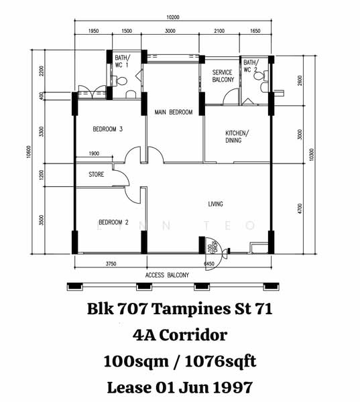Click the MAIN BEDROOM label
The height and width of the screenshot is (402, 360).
point(174,112)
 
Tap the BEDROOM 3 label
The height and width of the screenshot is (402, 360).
point(107,129)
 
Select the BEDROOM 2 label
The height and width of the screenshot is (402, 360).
point(113,222)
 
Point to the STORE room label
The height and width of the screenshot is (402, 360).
point(97,175)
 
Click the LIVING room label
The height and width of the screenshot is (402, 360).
point(215,204)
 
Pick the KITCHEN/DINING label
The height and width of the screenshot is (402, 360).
point(237,136)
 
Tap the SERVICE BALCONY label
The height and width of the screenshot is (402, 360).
point(223,76)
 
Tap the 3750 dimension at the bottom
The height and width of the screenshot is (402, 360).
point(111,264)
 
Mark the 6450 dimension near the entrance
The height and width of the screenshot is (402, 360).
point(208,264)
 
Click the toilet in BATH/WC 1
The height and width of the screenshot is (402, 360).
point(121,81)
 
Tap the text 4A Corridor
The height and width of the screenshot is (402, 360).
point(180,334)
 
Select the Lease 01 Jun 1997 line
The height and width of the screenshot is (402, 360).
point(180,387)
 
